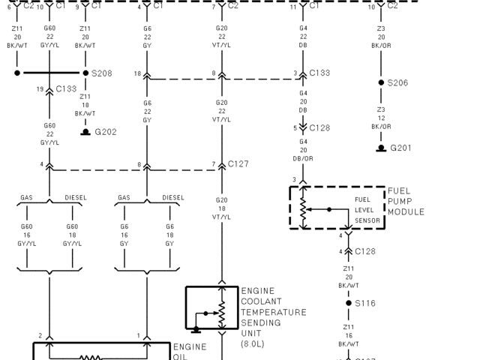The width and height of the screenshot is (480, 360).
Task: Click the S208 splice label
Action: point(102,73)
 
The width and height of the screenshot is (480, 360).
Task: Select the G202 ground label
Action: point(105,132)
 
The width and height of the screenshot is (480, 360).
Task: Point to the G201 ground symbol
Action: point(382,148)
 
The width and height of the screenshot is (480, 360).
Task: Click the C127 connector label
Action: point(239,163)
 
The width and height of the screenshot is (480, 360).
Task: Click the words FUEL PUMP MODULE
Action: point(406,201)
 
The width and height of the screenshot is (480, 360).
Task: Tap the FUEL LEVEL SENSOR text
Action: point(367,209)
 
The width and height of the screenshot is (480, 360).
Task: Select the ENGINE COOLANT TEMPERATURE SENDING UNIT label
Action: point(273,312)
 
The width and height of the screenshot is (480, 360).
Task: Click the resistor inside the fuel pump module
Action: point(304,208)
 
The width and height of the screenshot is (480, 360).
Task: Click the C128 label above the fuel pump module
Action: point(319,128)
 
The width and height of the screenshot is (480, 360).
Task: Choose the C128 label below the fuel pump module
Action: point(365,250)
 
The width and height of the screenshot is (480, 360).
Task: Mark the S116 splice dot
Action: point(348,303)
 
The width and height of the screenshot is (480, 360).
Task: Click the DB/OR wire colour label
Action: point(304,157)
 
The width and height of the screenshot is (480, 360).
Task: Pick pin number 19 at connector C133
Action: point(40,89)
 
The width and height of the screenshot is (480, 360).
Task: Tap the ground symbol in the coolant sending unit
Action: point(195,328)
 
